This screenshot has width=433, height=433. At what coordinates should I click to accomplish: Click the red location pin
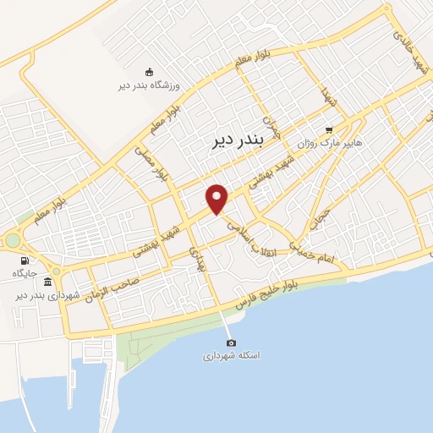click(218, 199)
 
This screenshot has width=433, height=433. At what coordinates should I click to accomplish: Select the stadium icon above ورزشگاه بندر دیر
click(150, 72)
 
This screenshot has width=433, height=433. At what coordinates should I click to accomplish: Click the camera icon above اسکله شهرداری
click(231, 343)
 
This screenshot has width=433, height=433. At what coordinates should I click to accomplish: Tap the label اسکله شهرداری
click(230, 356)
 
